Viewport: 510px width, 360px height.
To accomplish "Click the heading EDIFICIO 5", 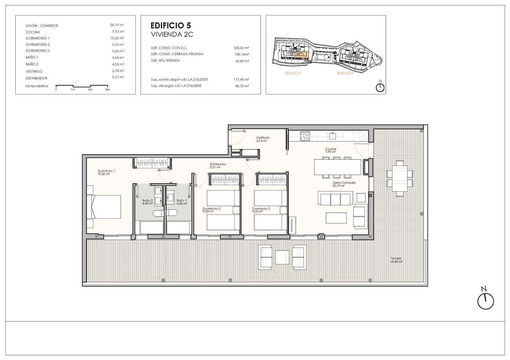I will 171,25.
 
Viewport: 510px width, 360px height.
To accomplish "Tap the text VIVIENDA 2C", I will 172,34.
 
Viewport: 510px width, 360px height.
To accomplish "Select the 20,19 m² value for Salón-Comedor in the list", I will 117,25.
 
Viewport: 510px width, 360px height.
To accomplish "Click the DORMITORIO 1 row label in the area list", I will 38,38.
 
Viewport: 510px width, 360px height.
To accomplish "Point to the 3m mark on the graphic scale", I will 107,89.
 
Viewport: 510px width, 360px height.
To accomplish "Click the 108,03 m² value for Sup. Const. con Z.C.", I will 241,48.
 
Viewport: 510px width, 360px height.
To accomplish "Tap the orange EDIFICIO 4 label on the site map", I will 345,73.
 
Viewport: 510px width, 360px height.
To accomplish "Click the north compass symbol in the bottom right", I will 485,301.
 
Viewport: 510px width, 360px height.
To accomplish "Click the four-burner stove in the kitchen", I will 305,136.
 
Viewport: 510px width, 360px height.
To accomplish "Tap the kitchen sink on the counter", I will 332,136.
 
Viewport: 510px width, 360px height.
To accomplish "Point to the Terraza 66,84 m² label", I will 396,260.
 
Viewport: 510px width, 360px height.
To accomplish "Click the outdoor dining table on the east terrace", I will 399,178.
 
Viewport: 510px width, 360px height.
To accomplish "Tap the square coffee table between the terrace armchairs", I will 282,257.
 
